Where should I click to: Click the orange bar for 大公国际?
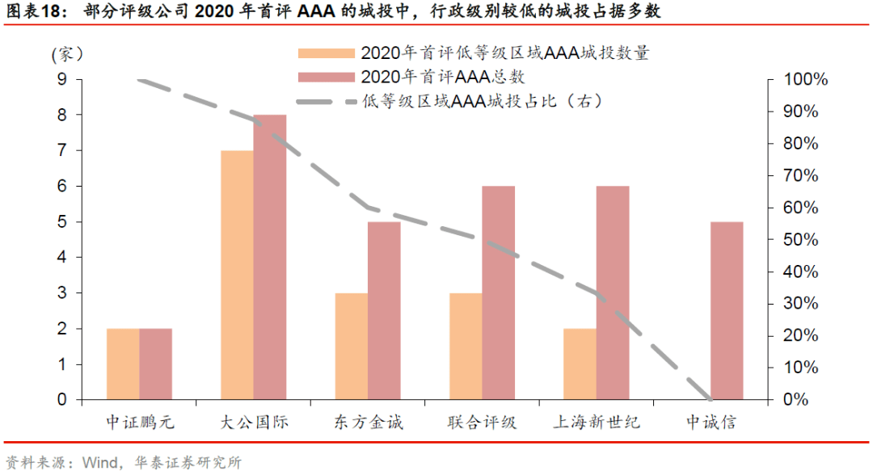(237, 275)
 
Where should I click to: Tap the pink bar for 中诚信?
(727, 310)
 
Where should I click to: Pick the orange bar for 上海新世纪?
(580, 364)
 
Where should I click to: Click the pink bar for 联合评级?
(499, 292)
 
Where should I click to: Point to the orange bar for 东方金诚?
(352, 346)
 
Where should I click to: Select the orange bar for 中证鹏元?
(123, 364)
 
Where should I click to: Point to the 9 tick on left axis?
(61, 79)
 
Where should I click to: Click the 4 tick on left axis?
(61, 257)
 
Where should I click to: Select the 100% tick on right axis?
(806, 79)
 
